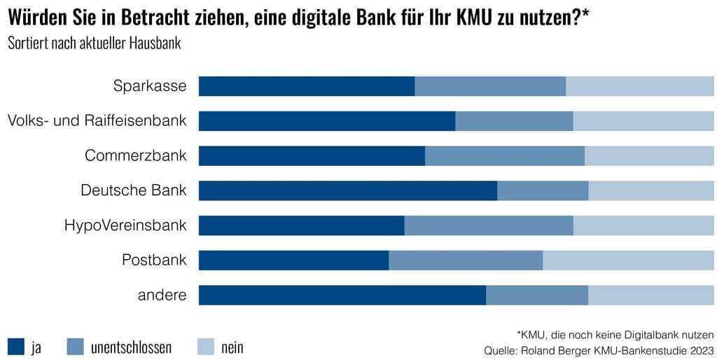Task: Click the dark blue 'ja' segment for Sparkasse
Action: (x=307, y=86)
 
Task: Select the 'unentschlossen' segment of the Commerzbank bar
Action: (x=504, y=155)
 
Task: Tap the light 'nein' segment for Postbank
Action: (x=628, y=261)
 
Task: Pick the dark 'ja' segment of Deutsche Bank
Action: (x=347, y=191)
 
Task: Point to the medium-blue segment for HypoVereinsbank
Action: (x=489, y=226)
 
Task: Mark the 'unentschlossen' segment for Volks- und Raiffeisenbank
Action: (x=514, y=121)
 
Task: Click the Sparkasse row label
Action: (x=150, y=86)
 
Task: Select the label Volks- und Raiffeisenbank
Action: (x=97, y=120)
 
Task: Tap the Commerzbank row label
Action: (x=135, y=155)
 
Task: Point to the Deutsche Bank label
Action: (x=134, y=190)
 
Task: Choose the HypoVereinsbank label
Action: (x=125, y=226)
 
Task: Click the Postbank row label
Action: (x=154, y=261)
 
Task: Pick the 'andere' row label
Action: (x=162, y=296)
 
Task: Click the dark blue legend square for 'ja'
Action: (x=16, y=346)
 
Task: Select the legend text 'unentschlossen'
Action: (x=131, y=347)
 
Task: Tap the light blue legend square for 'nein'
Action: (x=205, y=346)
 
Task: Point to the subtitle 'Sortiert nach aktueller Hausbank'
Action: (x=95, y=43)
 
